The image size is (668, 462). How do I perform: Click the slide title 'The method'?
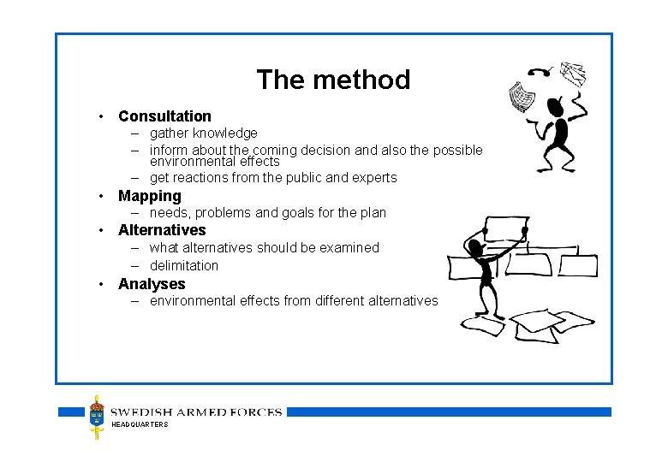[x=333, y=80]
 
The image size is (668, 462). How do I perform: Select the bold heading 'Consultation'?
[x=164, y=115]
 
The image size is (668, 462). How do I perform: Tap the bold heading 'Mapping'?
[x=149, y=196]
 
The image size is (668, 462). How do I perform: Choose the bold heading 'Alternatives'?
[x=162, y=230]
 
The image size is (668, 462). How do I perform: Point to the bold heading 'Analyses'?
[x=152, y=284]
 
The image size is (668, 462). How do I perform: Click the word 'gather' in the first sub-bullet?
[x=169, y=133]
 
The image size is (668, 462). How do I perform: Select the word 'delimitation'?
[x=184, y=265]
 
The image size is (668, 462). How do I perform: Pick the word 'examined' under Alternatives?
[x=349, y=248]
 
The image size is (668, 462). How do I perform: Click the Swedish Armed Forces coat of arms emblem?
[x=98, y=417]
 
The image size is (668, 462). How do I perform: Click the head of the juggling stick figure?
[x=556, y=109]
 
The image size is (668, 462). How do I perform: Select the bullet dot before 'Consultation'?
[x=101, y=116]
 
